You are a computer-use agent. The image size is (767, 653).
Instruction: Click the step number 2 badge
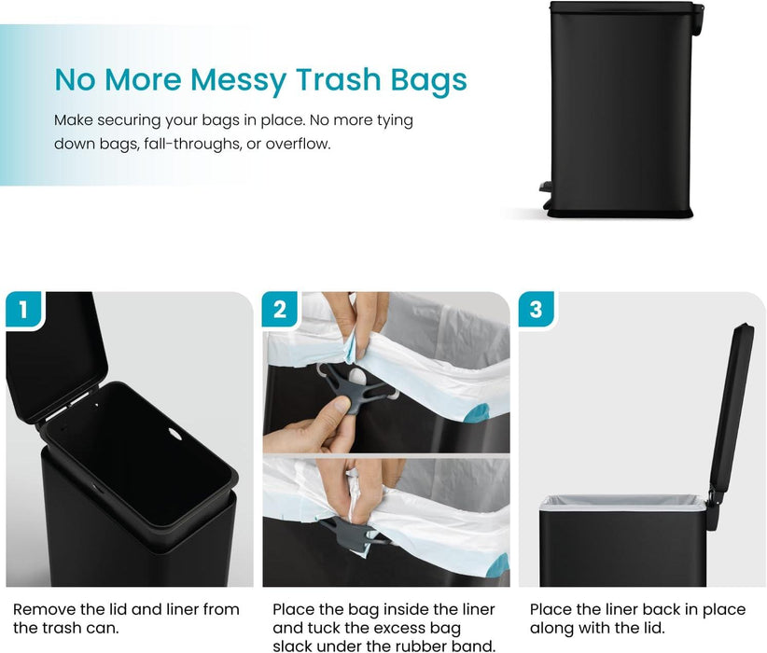click(x=279, y=309)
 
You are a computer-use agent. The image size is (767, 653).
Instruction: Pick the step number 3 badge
click(x=536, y=309)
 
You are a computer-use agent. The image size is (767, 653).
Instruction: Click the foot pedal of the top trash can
click(x=545, y=188)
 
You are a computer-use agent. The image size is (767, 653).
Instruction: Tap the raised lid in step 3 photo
click(x=731, y=401)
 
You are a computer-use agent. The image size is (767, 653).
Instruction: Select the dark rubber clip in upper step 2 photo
click(x=354, y=388)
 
